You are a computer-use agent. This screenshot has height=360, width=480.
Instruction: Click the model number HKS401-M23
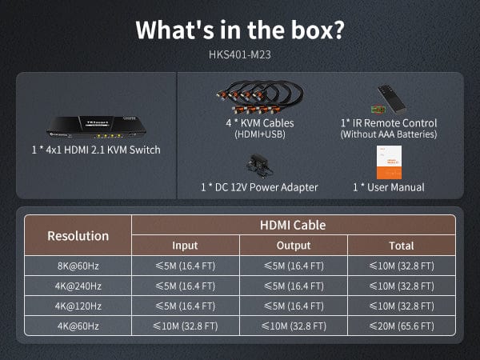(x=240, y=54)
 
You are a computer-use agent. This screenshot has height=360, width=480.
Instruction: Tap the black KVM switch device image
(x=96, y=126)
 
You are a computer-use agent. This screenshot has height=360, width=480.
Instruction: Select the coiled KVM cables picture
(x=260, y=97)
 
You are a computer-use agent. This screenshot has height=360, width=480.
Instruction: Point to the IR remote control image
(x=389, y=99)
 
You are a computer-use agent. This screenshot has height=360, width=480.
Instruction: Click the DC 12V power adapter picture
(x=259, y=166)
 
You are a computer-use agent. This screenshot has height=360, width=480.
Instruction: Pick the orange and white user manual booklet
(x=389, y=162)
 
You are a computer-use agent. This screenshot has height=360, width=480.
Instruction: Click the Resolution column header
(x=78, y=236)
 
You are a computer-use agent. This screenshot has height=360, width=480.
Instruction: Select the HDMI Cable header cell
(x=293, y=226)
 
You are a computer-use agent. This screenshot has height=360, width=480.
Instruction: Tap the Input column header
(x=186, y=246)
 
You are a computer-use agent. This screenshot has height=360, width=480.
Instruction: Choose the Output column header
(x=294, y=246)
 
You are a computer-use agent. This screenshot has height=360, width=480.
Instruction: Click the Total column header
(x=402, y=246)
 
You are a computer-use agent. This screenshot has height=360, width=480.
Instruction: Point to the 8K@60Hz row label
(x=78, y=266)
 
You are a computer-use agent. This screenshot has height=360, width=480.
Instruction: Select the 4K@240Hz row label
(x=78, y=286)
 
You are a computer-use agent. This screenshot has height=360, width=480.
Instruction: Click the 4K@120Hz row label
(x=78, y=306)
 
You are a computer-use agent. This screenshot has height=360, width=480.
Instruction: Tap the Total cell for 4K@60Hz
(x=402, y=326)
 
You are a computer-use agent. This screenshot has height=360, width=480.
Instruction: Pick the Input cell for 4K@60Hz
(x=186, y=326)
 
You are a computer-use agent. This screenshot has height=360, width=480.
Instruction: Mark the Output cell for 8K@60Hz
(x=294, y=266)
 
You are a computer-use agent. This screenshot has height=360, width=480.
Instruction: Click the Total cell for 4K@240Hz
(x=402, y=286)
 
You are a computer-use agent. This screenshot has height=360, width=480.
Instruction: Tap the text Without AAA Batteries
(x=389, y=134)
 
